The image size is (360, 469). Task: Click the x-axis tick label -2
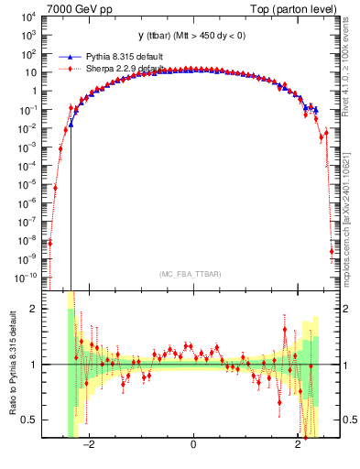coord(88,444)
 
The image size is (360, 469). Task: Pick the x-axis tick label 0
coord(193,444)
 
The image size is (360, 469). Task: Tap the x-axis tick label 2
coord(298,444)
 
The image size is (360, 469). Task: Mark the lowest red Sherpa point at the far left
coord(49,243)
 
